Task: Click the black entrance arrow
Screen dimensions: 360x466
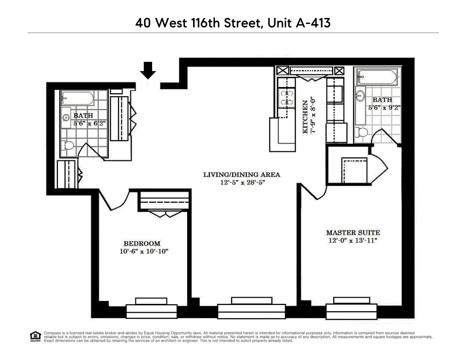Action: tap(148, 70)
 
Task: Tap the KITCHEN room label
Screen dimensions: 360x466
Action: tap(305, 117)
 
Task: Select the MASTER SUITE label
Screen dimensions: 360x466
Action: tap(353, 233)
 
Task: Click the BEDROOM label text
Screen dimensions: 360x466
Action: tap(142, 243)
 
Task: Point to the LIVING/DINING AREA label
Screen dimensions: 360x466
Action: tap(241, 175)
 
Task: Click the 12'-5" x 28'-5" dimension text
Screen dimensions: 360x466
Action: tap(242, 183)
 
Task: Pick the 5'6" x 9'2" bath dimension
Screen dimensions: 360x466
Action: tap(384, 108)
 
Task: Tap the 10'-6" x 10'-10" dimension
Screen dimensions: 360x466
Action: tap(144, 251)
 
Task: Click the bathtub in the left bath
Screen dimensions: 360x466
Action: tap(78, 98)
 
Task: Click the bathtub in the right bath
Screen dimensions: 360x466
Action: tap(377, 77)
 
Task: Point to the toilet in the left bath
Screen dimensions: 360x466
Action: tap(68, 145)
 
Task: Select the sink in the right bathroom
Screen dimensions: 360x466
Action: tap(360, 95)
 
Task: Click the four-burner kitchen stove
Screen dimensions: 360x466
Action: tap(286, 98)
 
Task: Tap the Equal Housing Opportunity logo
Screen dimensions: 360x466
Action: tap(35, 337)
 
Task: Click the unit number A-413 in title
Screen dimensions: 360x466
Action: tap(313, 23)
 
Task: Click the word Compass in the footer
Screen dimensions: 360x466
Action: tap(51, 333)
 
